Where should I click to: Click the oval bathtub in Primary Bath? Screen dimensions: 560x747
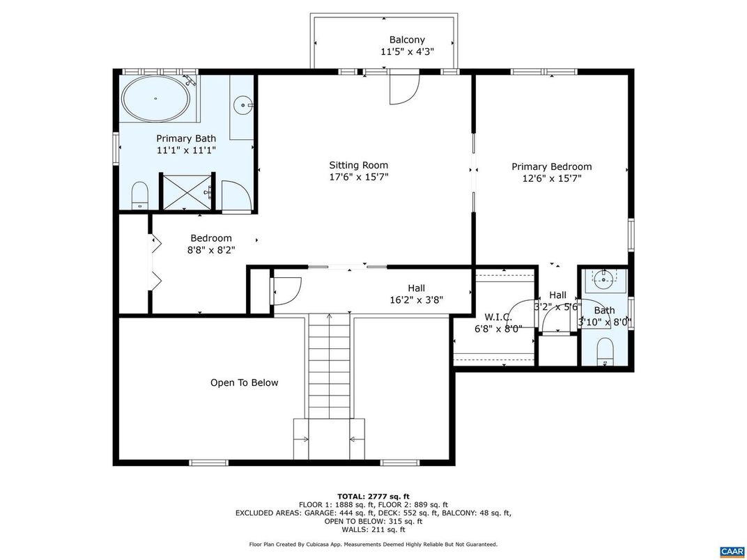155,99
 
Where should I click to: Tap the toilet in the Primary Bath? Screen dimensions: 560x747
140,196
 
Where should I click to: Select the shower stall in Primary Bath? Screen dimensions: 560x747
185,192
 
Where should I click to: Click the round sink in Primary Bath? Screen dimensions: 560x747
242,107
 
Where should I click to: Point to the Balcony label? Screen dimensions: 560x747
407,40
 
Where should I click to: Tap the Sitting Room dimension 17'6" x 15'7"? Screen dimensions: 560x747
359,177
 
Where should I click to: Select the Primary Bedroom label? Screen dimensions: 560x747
551,166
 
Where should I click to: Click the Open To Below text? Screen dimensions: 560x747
244,382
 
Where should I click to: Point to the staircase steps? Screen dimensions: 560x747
329,366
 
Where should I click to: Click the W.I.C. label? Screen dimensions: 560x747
498,317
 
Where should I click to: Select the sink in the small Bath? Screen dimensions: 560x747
603,281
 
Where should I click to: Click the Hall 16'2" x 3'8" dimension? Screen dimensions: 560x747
416,300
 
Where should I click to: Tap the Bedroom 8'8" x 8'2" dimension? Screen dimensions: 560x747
210,250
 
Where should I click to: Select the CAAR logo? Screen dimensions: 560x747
732,551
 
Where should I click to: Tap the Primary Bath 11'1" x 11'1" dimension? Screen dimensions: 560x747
186,150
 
